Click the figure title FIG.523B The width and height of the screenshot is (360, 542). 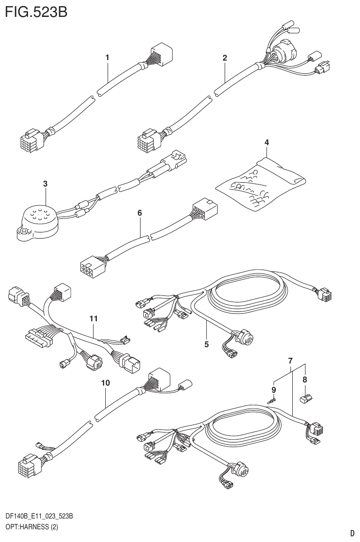pos(36,11)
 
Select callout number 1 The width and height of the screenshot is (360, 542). pos(107,57)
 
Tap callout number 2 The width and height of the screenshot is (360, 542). pos(225,58)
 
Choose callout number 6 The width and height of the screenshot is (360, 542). pos(140,213)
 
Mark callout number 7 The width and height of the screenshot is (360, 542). pos(290,361)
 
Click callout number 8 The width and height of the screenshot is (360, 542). pos(305,379)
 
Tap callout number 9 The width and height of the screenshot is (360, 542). pos(274,390)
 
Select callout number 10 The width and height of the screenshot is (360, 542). pos(106,383)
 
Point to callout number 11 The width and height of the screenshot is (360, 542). pos(94,318)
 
